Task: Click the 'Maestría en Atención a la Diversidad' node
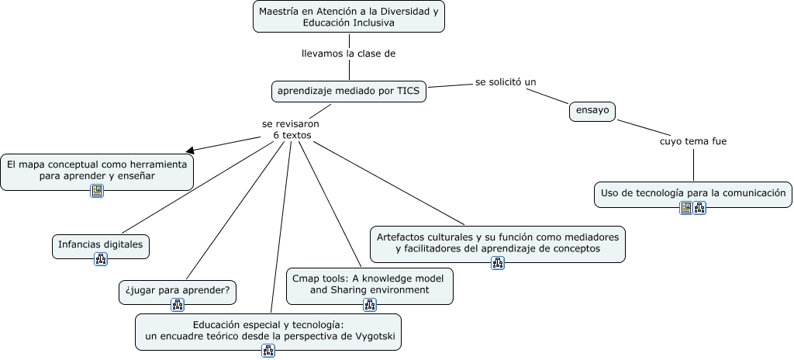pyautogui.click(x=349, y=16)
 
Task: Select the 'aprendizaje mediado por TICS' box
pyautogui.click(x=348, y=91)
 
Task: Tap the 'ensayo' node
pyautogui.click(x=592, y=111)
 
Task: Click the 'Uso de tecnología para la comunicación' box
pyautogui.click(x=693, y=192)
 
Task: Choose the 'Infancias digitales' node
pyautogui.click(x=101, y=244)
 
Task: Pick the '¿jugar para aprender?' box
pyautogui.click(x=178, y=291)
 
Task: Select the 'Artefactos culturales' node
pyautogui.click(x=497, y=242)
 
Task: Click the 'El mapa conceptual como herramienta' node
pyautogui.click(x=97, y=170)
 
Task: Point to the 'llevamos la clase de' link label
pyautogui.click(x=348, y=54)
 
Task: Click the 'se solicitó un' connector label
pyautogui.click(x=506, y=81)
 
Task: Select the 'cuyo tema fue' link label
pyautogui.click(x=693, y=141)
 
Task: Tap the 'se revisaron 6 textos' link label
pyautogui.click(x=291, y=129)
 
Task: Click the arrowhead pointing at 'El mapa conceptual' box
pyautogui.click(x=189, y=151)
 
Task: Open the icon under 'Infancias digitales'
pyautogui.click(x=101, y=259)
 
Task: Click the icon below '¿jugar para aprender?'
pyautogui.click(x=178, y=305)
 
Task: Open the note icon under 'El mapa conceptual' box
pyautogui.click(x=97, y=191)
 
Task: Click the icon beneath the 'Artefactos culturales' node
pyautogui.click(x=498, y=264)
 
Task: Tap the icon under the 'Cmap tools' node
pyautogui.click(x=370, y=306)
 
